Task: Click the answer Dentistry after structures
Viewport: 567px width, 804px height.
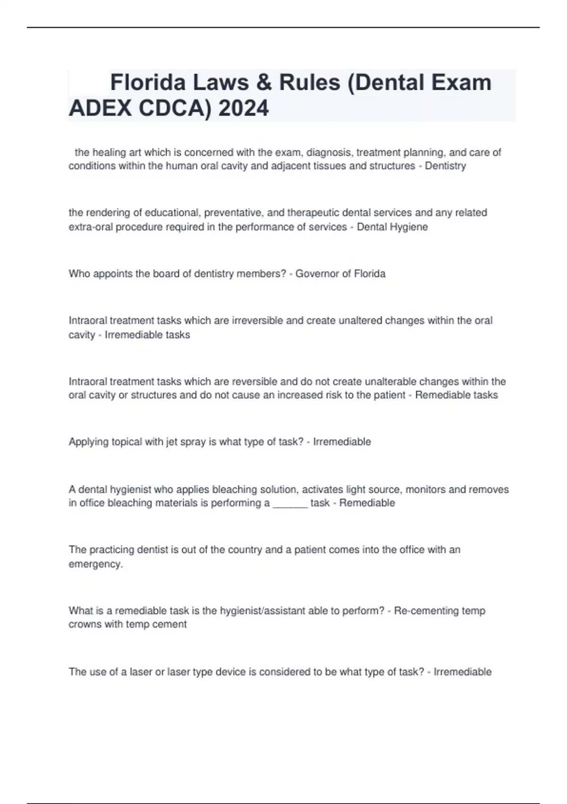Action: pyautogui.click(x=445, y=166)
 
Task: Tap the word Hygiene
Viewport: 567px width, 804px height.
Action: pyautogui.click(x=409, y=227)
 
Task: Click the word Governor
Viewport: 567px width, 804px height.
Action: pyautogui.click(x=316, y=274)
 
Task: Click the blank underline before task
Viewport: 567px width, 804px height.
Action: pyautogui.click(x=290, y=503)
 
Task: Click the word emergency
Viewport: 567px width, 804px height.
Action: pyautogui.click(x=95, y=564)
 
